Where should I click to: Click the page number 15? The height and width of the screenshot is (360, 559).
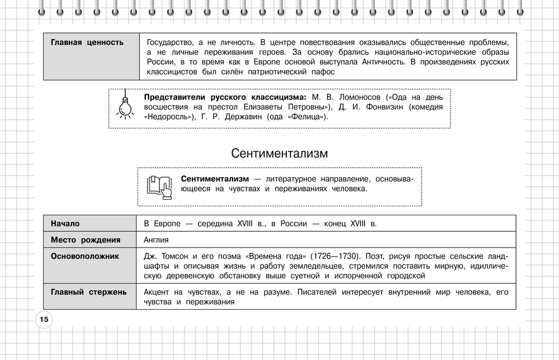click(44, 320)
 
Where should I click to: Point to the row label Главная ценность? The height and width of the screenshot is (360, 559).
click(87, 42)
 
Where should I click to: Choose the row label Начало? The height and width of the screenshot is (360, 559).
click(65, 224)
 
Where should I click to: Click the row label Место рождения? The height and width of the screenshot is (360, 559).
click(86, 240)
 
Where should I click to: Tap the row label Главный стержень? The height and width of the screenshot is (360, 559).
click(88, 292)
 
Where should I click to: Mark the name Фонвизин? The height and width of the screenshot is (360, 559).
click(391, 106)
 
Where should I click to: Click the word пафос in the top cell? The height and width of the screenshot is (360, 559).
click(322, 72)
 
